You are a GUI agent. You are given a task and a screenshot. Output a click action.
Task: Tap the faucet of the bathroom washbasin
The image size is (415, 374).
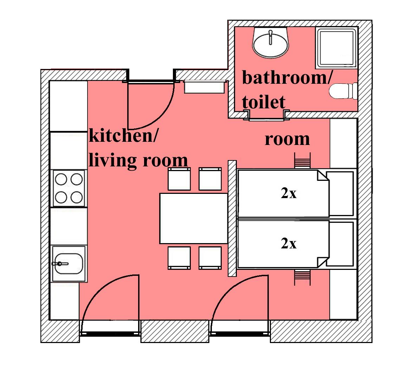coord(270,37)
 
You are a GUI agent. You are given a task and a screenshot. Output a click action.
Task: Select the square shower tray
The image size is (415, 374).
coord(336,48)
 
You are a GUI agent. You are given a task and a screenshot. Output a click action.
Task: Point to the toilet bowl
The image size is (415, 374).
coord(343,91)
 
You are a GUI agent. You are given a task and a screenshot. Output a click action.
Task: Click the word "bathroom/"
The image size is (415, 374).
coord(287,78)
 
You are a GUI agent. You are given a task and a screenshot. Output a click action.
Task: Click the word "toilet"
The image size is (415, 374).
coord(264,102)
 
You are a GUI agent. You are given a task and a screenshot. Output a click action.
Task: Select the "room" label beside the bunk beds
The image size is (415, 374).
coord(287,139)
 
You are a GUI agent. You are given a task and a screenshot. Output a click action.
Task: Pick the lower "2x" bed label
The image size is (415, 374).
coord(288,243)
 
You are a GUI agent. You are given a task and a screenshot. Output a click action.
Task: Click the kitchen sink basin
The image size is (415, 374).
coord(69,264)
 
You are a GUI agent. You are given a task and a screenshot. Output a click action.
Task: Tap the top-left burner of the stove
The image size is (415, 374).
coord(61,179)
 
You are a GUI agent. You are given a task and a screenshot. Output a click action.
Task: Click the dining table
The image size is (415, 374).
coord(194,218)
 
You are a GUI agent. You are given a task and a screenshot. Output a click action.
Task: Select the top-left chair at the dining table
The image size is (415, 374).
coord(179,179)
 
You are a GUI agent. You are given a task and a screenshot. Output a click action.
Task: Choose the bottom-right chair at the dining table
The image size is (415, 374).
coord(210,258)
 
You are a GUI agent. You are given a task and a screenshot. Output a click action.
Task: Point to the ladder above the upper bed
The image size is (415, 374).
coord(302,160)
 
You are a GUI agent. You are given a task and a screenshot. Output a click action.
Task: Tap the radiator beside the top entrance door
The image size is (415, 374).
coord(204,87)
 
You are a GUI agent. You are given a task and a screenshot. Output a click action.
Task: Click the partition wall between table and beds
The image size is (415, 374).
coord(232,218)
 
